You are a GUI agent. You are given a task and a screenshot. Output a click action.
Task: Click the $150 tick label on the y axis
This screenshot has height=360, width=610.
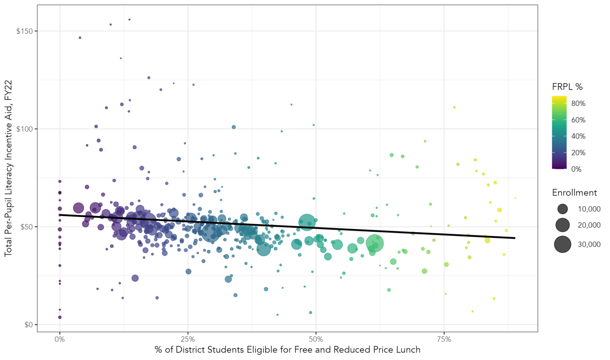coord(24,31)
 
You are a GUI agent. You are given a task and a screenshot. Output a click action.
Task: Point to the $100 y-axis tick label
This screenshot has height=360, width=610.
coord(24,129)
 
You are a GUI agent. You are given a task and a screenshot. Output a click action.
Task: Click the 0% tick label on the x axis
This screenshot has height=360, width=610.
coord(60,339)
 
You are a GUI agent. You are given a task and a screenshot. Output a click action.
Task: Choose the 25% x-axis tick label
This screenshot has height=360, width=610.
coord(188,339)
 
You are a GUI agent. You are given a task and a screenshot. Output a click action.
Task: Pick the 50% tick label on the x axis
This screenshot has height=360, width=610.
coord(316,339)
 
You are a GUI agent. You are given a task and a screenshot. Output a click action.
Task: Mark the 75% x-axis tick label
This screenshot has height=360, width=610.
coord(444,339)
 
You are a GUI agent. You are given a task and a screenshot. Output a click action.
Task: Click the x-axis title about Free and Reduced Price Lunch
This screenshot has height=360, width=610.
coord(287,350)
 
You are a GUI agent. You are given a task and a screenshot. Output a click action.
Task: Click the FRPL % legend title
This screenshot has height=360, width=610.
coord(567,87)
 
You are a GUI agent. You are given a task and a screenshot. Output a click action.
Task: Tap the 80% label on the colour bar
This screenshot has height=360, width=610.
coord(578,104)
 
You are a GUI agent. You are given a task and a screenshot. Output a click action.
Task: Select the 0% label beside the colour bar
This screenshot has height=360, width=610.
coord(576,169)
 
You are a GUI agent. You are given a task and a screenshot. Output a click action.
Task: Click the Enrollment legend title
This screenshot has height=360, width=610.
coord(574,193)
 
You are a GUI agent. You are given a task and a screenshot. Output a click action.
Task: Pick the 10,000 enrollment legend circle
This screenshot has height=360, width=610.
coord(562,209)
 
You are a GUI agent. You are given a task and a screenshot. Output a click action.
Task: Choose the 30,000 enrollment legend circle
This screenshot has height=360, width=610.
coord(562,244)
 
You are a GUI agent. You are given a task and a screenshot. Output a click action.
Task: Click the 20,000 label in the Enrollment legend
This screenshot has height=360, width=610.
coord(589,225)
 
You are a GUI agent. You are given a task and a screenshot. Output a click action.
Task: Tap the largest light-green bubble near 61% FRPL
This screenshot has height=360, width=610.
coord(375,244)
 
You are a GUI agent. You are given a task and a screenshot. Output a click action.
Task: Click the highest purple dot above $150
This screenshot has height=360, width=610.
coord(129,19)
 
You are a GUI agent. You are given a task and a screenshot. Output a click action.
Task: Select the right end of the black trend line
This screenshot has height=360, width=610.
coord(515,238)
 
